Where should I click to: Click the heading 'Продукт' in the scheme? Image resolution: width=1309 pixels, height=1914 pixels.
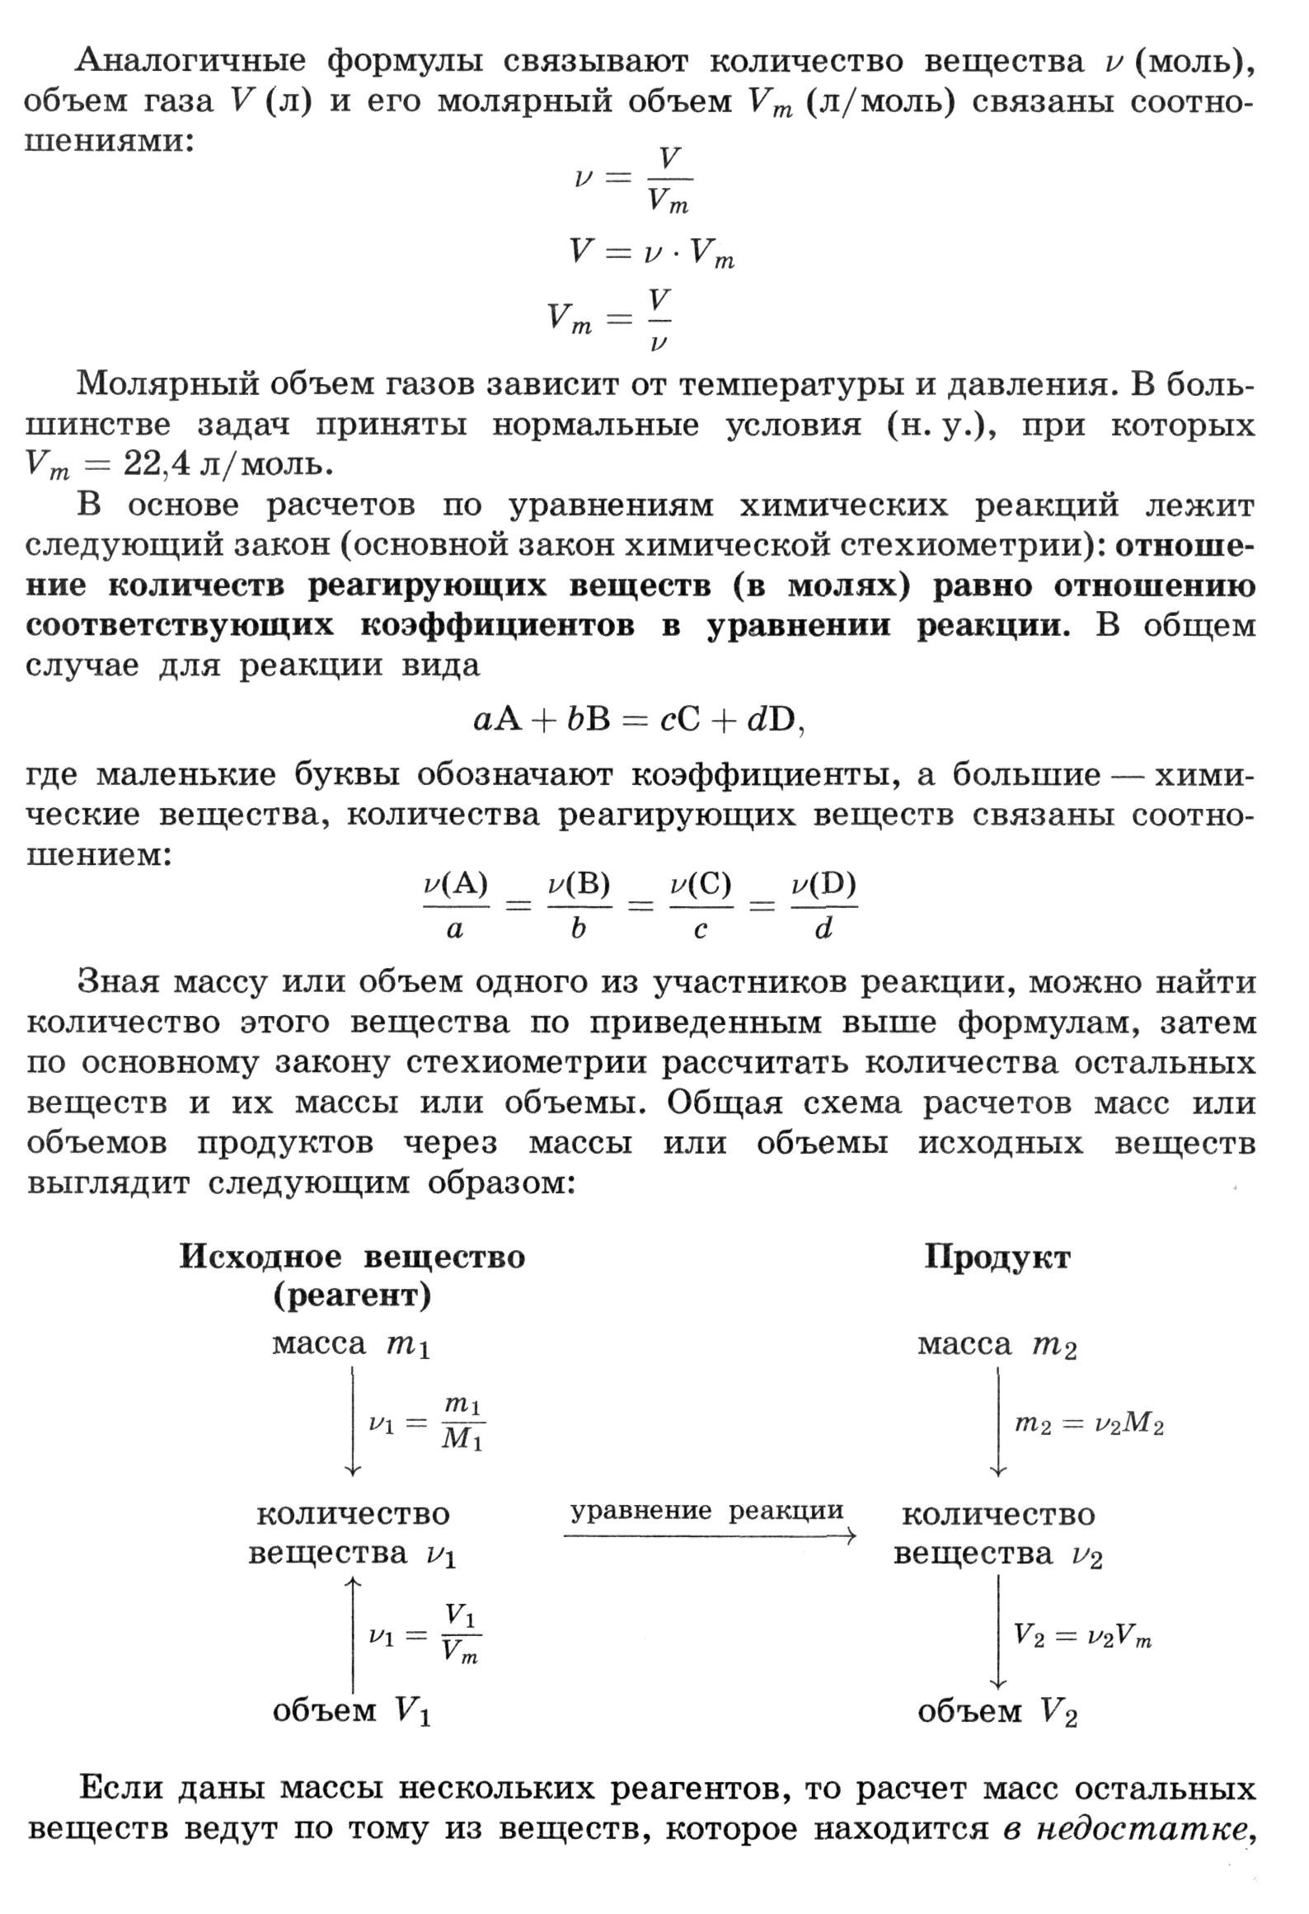click(x=997, y=1258)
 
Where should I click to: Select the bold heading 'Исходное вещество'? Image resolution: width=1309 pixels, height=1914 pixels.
click(x=352, y=1258)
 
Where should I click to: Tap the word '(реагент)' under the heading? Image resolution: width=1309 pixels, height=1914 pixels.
click(x=352, y=1297)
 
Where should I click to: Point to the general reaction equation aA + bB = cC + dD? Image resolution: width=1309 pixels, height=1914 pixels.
click(x=639, y=721)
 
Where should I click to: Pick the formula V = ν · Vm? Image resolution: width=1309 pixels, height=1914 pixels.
click(x=651, y=252)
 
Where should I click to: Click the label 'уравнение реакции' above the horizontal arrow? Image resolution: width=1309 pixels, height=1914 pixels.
click(x=707, y=1511)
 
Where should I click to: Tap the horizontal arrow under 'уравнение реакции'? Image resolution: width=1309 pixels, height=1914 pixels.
click(x=709, y=1535)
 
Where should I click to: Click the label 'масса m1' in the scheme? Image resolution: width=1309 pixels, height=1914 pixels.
click(x=351, y=1345)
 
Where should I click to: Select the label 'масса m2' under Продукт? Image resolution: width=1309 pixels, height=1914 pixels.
click(x=997, y=1345)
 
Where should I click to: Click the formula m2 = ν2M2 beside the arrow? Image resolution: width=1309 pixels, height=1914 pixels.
click(x=1088, y=1424)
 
